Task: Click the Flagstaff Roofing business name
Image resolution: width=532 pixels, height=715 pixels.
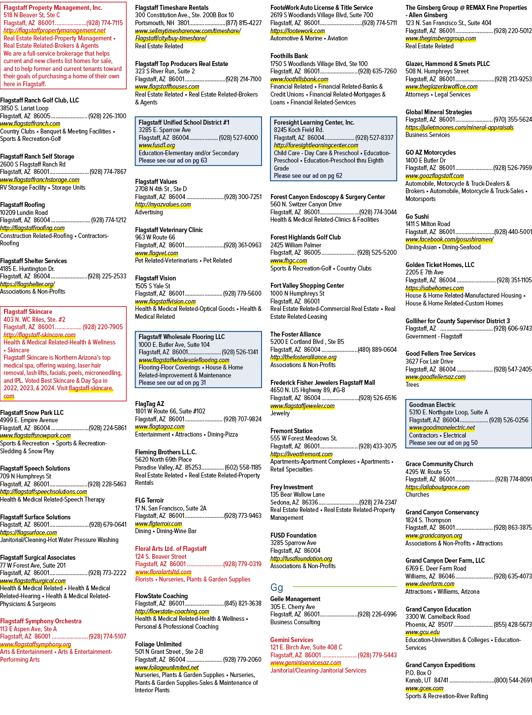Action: pyautogui.click(x=23, y=204)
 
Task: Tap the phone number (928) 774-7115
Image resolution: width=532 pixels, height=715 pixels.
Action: pyautogui.click(x=105, y=23)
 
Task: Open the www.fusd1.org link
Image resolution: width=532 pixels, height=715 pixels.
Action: pyautogui.click(x=157, y=145)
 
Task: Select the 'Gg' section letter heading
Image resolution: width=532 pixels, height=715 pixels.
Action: pyautogui.click(x=276, y=587)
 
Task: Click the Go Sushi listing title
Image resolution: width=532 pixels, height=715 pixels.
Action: pyautogui.click(x=416, y=216)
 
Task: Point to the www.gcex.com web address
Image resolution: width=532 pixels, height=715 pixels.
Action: pyautogui.click(x=425, y=688)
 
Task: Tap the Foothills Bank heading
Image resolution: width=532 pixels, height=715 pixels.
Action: pyautogui.click(x=289, y=56)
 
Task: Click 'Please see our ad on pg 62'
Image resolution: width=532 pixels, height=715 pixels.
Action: pyautogui.click(x=308, y=176)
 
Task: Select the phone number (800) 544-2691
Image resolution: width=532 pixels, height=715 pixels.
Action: pyautogui.click(x=513, y=680)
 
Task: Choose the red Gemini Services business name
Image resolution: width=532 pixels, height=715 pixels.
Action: pyautogui.click(x=292, y=640)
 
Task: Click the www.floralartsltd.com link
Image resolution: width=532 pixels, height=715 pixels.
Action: pyautogui.click(x=163, y=572)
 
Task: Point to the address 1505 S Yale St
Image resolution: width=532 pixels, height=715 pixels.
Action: pyautogui.click(x=153, y=286)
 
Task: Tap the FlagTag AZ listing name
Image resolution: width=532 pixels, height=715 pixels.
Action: pyautogui.click(x=150, y=404)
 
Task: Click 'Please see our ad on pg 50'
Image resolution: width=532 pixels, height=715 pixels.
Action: pyautogui.click(x=443, y=443)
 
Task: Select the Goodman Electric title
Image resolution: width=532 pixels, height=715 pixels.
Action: pyautogui.click(x=432, y=405)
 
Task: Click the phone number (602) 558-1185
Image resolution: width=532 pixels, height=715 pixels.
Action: pyautogui.click(x=243, y=468)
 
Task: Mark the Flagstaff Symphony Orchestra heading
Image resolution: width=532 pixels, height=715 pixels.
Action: pyautogui.click(x=40, y=621)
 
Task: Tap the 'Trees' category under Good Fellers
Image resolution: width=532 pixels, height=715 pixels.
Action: pyautogui.click(x=412, y=384)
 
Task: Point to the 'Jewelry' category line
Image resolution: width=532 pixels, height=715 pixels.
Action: pyautogui.click(x=280, y=413)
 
